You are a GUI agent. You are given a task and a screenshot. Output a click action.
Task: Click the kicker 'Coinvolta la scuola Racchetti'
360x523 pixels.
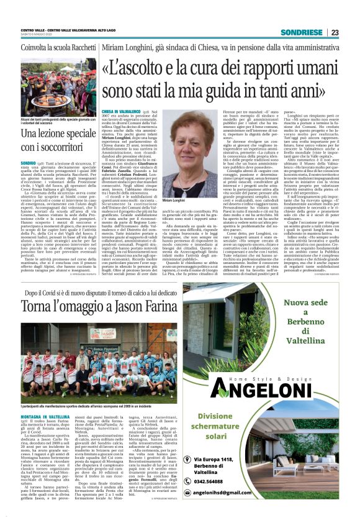click(x=53, y=48)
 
